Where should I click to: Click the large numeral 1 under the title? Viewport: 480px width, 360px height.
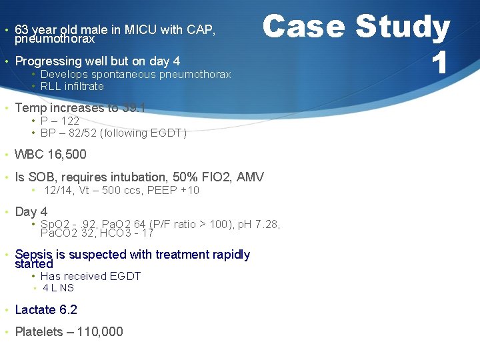click(439, 63)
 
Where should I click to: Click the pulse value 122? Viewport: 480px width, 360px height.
click(69, 121)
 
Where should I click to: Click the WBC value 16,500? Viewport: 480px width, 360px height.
click(67, 155)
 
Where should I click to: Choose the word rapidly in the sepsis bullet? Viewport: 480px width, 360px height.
click(228, 254)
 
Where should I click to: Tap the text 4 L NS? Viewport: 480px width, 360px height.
click(58, 288)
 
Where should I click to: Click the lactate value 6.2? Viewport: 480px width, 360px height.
click(68, 309)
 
